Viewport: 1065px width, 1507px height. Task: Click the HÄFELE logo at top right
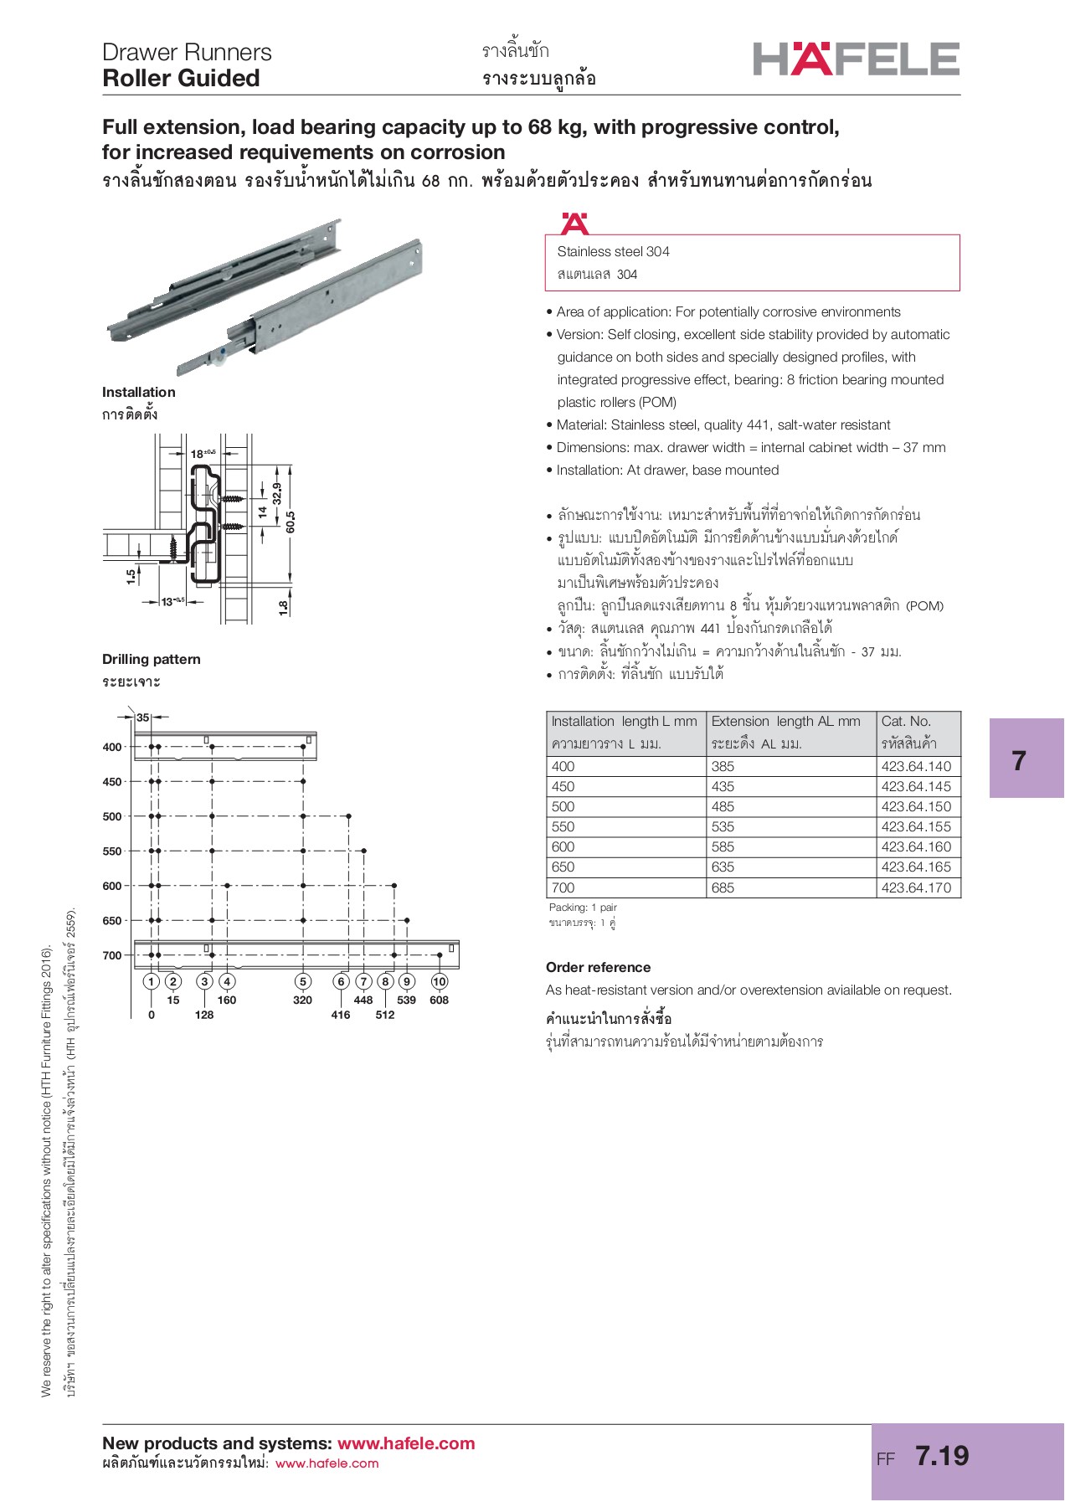(856, 59)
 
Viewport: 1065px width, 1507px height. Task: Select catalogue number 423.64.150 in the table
(916, 806)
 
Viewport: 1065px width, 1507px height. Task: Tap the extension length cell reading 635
(723, 867)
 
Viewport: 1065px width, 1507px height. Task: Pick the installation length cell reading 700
(563, 887)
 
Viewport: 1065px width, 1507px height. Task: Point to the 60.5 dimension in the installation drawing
(291, 522)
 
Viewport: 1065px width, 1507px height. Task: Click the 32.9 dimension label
(277, 493)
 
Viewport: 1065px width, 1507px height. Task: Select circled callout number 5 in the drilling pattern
(303, 981)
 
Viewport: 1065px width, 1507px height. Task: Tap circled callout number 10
(440, 981)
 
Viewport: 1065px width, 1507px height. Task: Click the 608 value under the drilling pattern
(439, 1000)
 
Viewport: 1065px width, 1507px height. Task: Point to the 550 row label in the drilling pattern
(112, 851)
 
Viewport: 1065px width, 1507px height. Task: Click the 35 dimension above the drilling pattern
(143, 717)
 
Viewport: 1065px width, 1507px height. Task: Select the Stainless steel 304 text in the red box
(613, 251)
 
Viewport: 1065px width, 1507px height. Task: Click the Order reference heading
(598, 967)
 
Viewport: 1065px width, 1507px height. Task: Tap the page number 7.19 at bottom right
(942, 1455)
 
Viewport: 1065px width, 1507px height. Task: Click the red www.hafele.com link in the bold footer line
(406, 1443)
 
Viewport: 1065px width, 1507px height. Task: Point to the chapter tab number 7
(1018, 760)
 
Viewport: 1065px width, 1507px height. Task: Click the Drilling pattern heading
(152, 659)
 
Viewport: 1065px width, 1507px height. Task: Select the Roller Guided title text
(181, 79)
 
